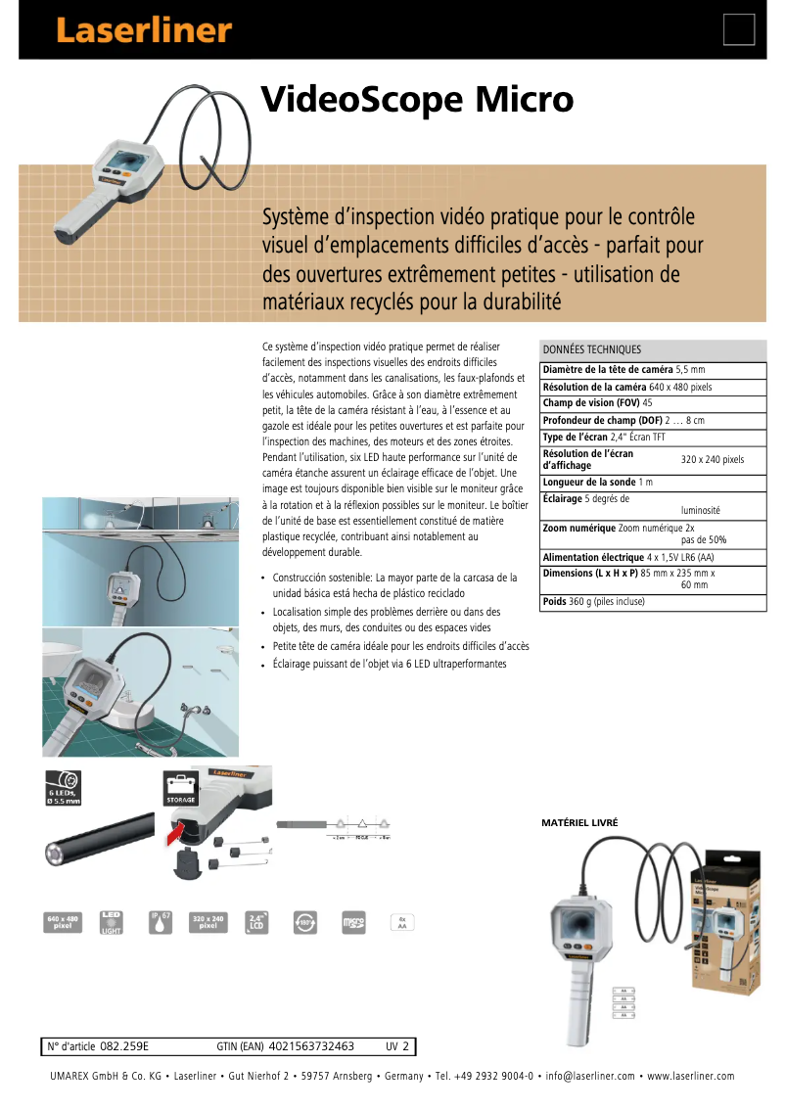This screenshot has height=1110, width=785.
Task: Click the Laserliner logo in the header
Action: point(144,30)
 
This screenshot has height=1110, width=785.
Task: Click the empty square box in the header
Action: point(739,30)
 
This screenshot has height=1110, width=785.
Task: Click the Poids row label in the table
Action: point(554,602)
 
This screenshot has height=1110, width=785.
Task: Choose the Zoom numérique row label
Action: point(579,528)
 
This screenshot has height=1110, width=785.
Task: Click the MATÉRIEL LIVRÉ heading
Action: point(579,823)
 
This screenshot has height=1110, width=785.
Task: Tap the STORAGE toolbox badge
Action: point(182,789)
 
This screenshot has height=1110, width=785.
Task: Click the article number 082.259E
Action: point(124,1046)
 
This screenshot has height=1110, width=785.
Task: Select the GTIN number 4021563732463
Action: point(310,1046)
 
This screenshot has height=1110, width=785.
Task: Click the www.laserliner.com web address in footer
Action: point(690,1076)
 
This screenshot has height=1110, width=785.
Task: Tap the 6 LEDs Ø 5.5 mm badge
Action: point(64,789)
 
